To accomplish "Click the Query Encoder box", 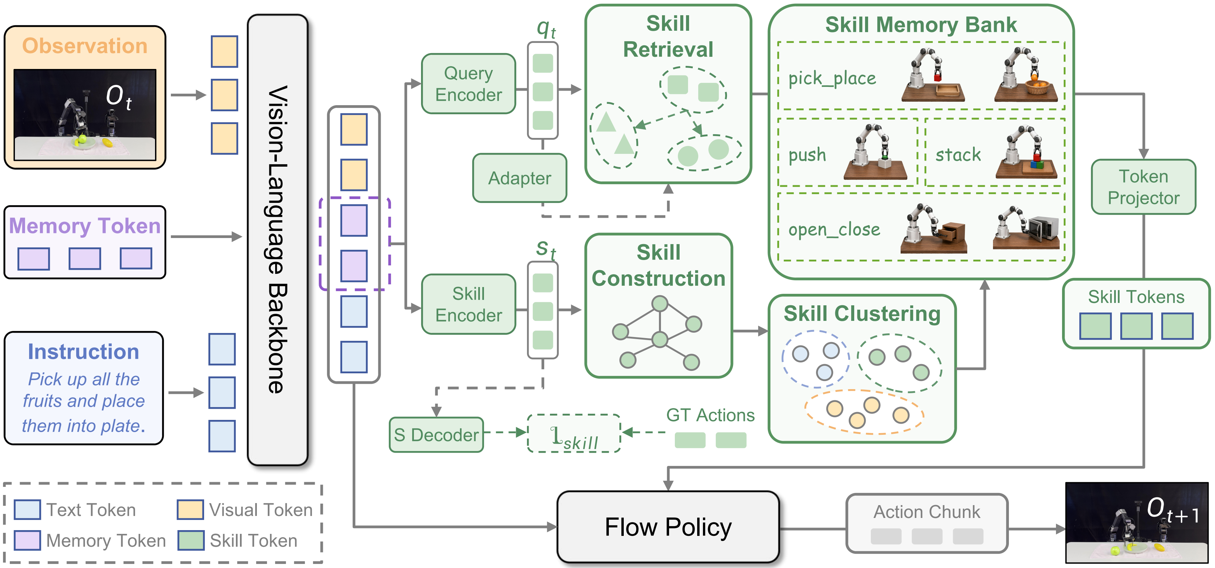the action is pyautogui.click(x=468, y=84).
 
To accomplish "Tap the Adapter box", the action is pyautogui.click(x=519, y=178).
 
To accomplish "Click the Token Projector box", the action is pyautogui.click(x=1143, y=187).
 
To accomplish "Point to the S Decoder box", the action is pyautogui.click(x=436, y=434).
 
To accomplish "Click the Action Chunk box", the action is pyautogui.click(x=927, y=523).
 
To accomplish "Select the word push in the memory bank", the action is pyautogui.click(x=807, y=155).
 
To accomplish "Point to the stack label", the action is pyautogui.click(x=958, y=155).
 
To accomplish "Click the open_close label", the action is pyautogui.click(x=834, y=230).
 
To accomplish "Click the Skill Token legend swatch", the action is pyautogui.click(x=191, y=540).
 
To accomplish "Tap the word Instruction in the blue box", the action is pyautogui.click(x=84, y=352).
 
